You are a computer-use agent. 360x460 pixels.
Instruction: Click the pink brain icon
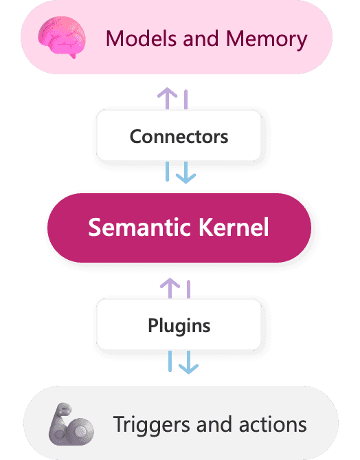(x=62, y=37)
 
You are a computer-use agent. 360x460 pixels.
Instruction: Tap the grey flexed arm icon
(x=71, y=424)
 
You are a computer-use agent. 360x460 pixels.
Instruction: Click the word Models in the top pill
(x=142, y=39)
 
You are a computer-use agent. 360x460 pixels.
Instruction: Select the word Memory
(x=267, y=40)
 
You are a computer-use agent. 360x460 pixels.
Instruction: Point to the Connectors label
(x=179, y=137)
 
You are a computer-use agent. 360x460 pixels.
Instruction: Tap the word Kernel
(x=234, y=227)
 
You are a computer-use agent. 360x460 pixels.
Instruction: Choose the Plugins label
(x=179, y=326)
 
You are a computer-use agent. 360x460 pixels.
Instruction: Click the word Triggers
(x=151, y=425)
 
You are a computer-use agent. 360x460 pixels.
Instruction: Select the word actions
(x=273, y=424)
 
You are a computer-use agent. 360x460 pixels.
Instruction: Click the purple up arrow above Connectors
(x=167, y=98)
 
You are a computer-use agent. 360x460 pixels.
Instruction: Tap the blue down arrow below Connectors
(x=186, y=173)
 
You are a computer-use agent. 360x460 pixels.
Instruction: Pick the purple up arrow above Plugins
(x=170, y=288)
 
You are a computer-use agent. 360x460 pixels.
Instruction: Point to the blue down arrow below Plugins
(x=188, y=362)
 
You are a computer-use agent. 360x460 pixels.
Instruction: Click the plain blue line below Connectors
(x=168, y=171)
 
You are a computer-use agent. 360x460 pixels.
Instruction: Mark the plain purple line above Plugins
(x=188, y=289)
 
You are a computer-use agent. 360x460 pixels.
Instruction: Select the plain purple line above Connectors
(x=186, y=100)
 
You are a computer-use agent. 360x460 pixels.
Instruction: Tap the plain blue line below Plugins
(x=170, y=362)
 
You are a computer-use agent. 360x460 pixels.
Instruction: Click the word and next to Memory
(x=201, y=39)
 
